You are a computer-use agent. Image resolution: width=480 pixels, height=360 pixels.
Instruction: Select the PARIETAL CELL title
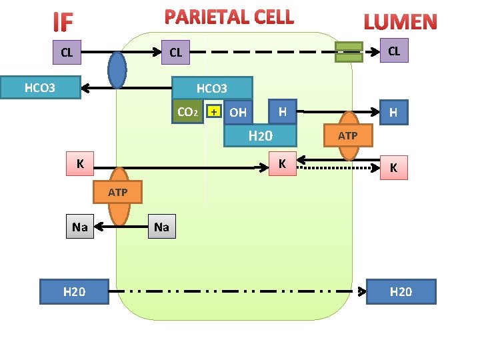point(229,17)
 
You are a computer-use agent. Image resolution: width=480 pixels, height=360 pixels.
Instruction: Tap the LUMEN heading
point(400,22)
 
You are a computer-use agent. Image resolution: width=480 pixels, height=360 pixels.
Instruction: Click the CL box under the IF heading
point(67,53)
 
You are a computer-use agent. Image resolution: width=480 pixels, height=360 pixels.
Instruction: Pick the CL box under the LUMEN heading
point(394,51)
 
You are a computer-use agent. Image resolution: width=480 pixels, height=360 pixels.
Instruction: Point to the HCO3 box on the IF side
point(41,87)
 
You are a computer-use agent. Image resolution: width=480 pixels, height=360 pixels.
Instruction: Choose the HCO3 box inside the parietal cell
point(212,88)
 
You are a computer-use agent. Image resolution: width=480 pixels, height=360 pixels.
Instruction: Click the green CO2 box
point(187,112)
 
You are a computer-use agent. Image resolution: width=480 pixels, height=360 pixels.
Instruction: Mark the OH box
point(238,113)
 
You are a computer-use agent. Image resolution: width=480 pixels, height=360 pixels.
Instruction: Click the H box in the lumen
point(393,113)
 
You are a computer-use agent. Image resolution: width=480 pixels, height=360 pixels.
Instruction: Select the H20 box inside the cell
point(260,137)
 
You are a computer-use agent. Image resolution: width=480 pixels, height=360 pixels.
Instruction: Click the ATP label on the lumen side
point(348,136)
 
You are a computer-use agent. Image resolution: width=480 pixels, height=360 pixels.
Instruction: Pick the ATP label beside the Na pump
point(118,193)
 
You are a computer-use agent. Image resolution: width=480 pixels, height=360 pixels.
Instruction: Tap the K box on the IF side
point(80,163)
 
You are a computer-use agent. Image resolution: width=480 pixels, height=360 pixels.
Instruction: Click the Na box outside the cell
point(80,227)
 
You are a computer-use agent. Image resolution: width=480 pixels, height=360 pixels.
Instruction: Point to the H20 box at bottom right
point(401,291)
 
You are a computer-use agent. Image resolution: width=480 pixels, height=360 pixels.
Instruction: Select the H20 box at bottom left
point(74,291)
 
